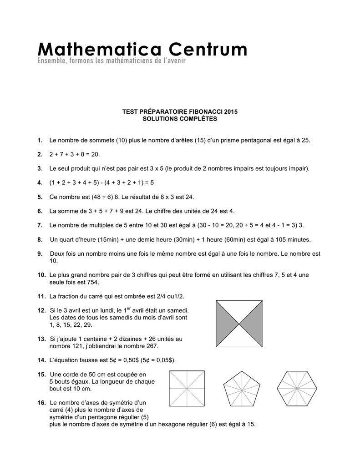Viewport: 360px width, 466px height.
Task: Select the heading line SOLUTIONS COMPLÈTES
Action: [180, 119]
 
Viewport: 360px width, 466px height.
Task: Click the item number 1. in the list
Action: [40, 140]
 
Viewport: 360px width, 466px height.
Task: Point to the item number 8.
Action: [40, 239]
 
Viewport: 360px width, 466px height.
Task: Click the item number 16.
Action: [41, 403]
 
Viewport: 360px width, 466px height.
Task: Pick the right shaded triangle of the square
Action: [252, 324]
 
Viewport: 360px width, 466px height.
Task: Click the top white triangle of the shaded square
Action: [238, 310]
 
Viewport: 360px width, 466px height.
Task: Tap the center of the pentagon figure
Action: [242, 390]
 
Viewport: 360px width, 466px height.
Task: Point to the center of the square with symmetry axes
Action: [187, 388]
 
